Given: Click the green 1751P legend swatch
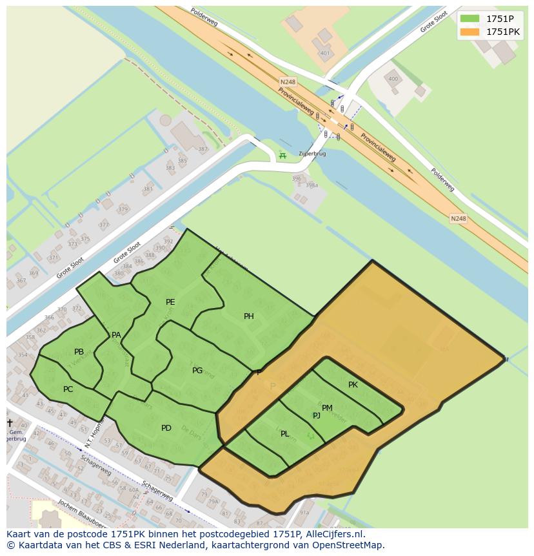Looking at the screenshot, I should tap(469, 18).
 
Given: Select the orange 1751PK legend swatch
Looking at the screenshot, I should tap(469, 31).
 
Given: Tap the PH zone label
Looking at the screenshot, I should tap(249, 316).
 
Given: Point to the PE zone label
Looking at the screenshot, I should tap(170, 302).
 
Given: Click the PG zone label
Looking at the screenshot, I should tap(197, 371).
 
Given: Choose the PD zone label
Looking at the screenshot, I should tap(166, 427).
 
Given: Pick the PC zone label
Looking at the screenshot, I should tap(68, 389).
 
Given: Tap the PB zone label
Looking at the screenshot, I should tap(79, 352).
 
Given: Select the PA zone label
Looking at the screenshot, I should tap(116, 335).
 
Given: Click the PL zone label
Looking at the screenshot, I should tap(285, 434).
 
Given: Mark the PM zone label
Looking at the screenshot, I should tap(327, 407).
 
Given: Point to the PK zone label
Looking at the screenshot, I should tap(353, 385).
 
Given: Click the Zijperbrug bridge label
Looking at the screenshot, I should tap(312, 155).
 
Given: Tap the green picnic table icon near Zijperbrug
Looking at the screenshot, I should tap(282, 156).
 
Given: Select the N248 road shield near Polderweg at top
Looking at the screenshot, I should tap(288, 82).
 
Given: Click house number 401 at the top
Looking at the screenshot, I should tap(324, 53).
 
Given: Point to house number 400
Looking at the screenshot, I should tap(392, 79).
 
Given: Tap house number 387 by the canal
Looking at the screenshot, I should tap(203, 149).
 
